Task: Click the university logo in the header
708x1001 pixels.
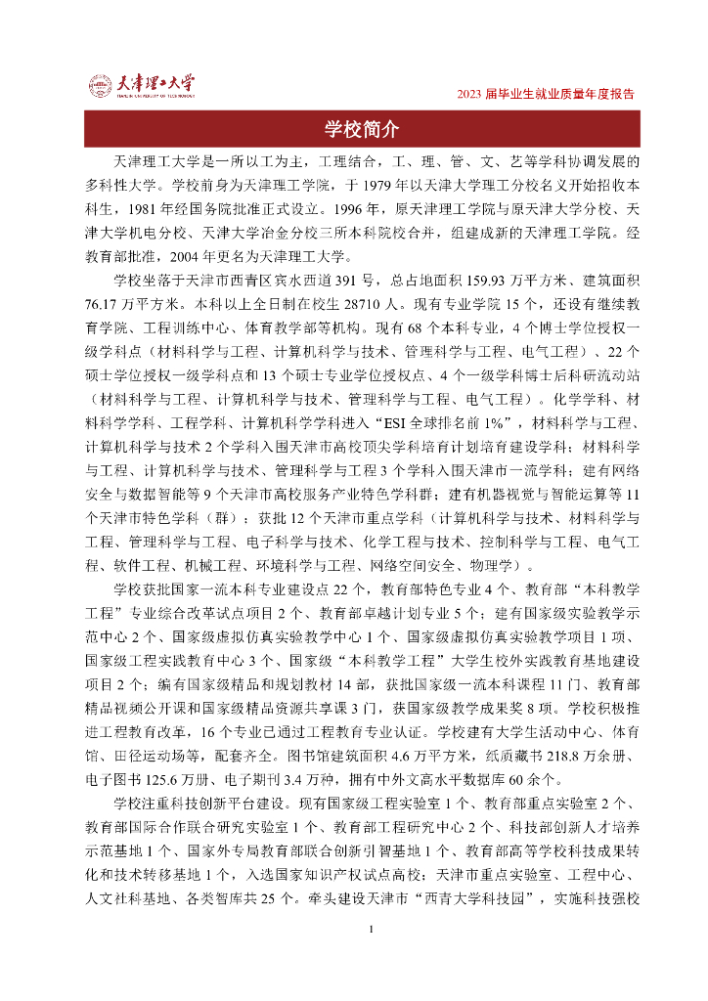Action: tap(142, 85)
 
